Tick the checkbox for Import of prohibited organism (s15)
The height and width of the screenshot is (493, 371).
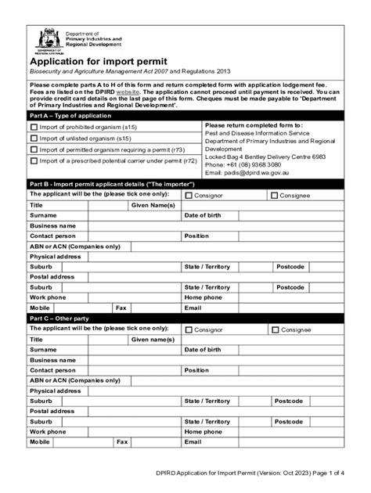click(33, 127)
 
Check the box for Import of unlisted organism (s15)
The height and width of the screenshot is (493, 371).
click(33, 138)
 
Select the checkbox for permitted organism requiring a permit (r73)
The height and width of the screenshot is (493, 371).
click(33, 149)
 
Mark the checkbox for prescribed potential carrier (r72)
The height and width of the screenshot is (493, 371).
click(33, 160)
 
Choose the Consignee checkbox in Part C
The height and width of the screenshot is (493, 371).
click(274, 329)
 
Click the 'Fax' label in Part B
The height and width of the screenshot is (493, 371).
click(121, 308)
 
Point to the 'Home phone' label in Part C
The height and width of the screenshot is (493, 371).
click(204, 431)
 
